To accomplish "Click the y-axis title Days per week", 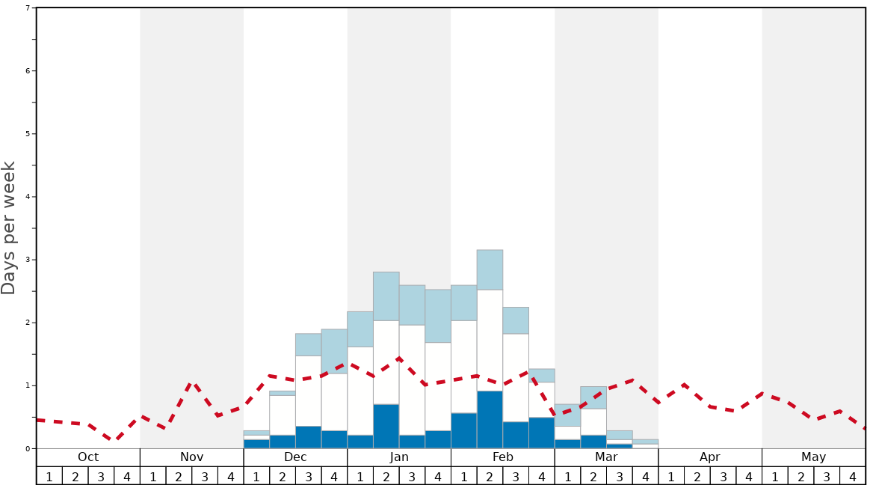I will (9, 228).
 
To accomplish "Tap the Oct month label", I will (88, 457).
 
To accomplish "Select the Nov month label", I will (191, 457).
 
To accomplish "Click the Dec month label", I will (295, 457).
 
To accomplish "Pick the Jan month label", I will (399, 457).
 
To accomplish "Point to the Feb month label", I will (503, 457).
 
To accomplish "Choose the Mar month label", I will (606, 457).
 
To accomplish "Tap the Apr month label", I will (710, 457).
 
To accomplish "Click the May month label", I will (814, 457).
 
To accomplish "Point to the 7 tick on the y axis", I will (28, 8).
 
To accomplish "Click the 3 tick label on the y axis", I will (28, 260).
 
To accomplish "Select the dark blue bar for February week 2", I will (490, 420).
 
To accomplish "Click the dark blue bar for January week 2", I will (386, 427).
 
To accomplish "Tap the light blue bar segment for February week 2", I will (490, 269).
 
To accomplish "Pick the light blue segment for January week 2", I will (386, 296).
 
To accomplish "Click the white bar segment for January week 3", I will (412, 380).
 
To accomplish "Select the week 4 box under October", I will (127, 476).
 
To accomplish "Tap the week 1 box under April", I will (671, 476).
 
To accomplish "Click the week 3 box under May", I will (827, 476).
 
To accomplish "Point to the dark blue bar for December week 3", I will (308, 437).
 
